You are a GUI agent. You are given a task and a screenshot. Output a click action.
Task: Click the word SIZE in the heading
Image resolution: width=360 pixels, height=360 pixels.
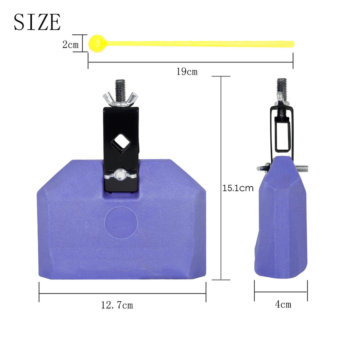tap(37, 22)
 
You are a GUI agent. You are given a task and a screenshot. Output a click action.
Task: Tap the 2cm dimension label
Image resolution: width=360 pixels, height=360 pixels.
tap(70, 44)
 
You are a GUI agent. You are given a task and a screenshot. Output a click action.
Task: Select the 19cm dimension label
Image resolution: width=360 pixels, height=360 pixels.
tap(187, 72)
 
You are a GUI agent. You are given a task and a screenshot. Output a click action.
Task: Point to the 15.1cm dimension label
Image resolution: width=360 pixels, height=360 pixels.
tap(238, 188)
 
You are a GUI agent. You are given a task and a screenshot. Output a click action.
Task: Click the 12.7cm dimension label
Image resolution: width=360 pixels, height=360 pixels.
tap(117, 305)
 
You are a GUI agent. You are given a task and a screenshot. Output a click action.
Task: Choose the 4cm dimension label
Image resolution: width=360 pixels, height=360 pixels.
tap(283, 304)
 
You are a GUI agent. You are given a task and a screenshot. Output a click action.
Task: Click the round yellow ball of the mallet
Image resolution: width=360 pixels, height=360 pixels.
tap(97, 43)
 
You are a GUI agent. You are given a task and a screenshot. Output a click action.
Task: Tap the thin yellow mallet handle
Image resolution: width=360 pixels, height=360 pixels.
tap(200, 44)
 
